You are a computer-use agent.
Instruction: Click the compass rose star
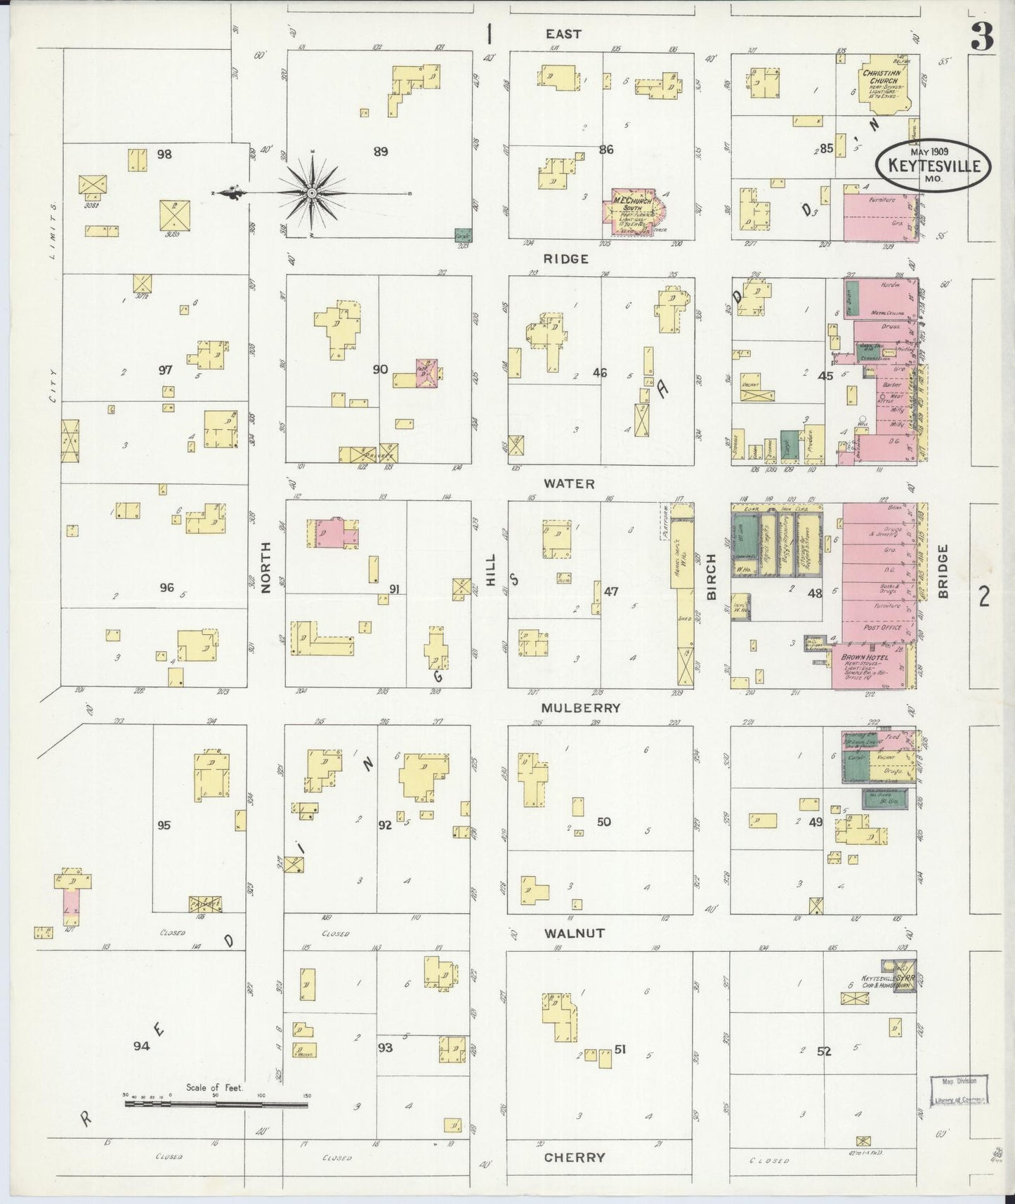[311, 192]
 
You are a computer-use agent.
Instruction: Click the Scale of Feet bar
[216, 1104]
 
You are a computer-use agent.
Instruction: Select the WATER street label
[568, 484]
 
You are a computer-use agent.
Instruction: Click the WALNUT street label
[574, 933]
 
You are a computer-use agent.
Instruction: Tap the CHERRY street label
[574, 1157]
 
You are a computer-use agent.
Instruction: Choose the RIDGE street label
[566, 259]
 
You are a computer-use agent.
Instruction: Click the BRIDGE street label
[942, 572]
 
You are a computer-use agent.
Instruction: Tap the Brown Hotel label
[864, 657]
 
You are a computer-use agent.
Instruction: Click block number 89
[381, 151]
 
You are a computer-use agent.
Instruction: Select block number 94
[142, 1046]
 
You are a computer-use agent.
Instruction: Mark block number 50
[603, 821]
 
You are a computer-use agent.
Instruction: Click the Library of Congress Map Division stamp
[959, 1090]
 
